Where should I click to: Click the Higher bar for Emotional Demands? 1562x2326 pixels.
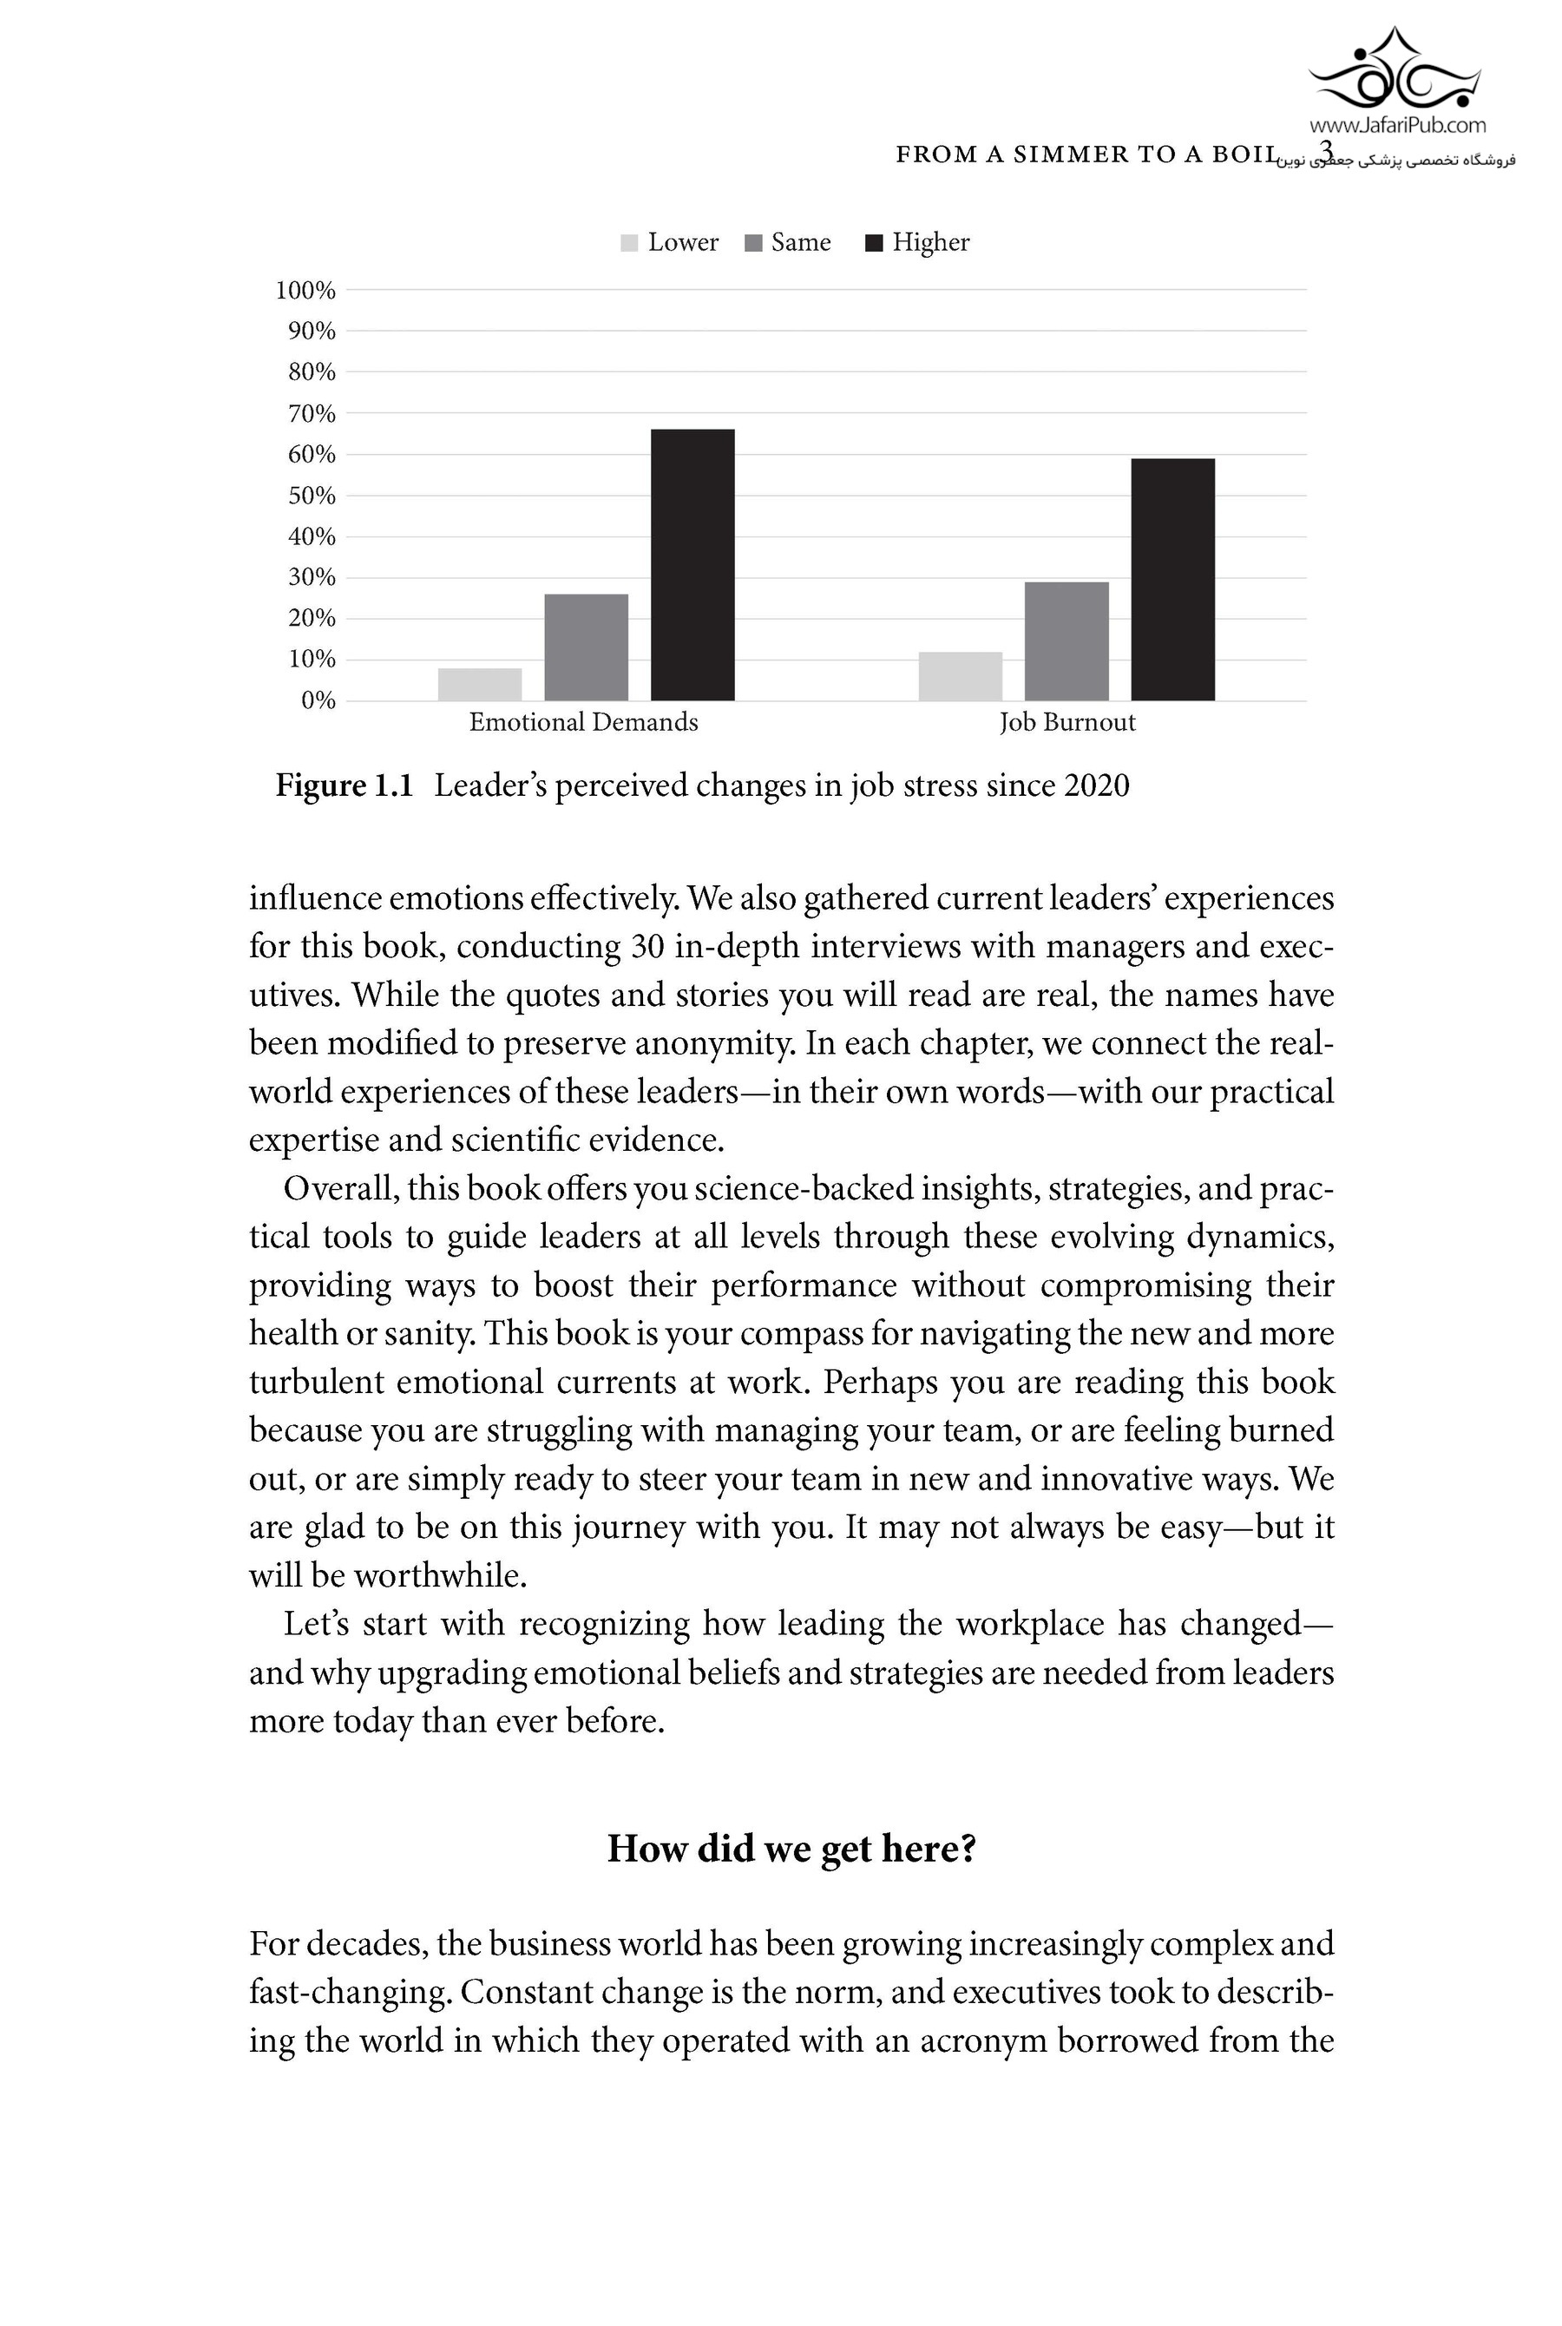[692, 565]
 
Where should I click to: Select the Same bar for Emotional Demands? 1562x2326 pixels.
[586, 647]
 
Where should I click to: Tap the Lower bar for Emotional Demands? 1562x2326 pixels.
[479, 685]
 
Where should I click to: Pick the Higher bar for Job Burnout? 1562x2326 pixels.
[1172, 580]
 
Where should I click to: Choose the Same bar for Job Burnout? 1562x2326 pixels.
[1066, 641]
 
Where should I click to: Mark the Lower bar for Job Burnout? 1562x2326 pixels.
[961, 676]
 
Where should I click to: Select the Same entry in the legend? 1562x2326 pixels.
[788, 243]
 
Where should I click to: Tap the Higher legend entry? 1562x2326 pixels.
[917, 243]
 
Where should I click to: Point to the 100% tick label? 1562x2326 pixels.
[305, 291]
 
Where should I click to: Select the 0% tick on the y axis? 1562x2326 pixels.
[318, 701]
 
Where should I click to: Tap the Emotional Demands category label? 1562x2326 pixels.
[584, 722]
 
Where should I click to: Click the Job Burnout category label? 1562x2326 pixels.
[1066, 722]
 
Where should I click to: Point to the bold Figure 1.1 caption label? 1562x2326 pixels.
[344, 786]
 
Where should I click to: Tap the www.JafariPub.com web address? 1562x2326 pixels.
[1396, 126]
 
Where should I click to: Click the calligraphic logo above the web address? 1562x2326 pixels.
[1395, 69]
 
